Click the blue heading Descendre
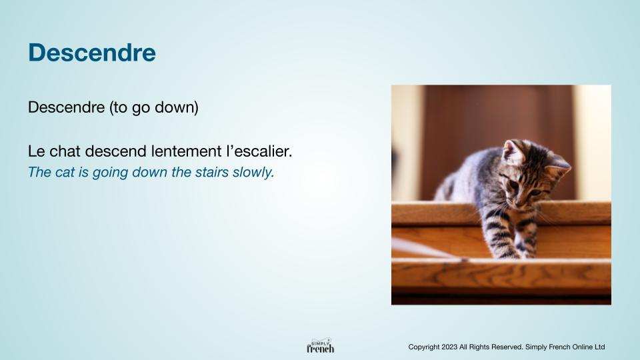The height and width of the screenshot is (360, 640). (x=92, y=53)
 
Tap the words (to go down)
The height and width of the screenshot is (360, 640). (x=154, y=107)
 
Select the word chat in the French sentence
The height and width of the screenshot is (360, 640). (x=65, y=151)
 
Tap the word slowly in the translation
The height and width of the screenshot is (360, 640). (x=253, y=173)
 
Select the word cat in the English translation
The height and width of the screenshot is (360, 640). (x=65, y=172)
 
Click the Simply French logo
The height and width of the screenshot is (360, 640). (x=321, y=346)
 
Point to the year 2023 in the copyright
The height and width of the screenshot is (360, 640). (x=449, y=347)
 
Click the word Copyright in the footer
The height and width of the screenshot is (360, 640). (x=424, y=347)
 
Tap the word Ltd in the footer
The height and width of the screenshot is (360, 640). (x=599, y=347)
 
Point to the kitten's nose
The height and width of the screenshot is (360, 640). (x=519, y=201)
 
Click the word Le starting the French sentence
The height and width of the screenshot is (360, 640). (x=36, y=151)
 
